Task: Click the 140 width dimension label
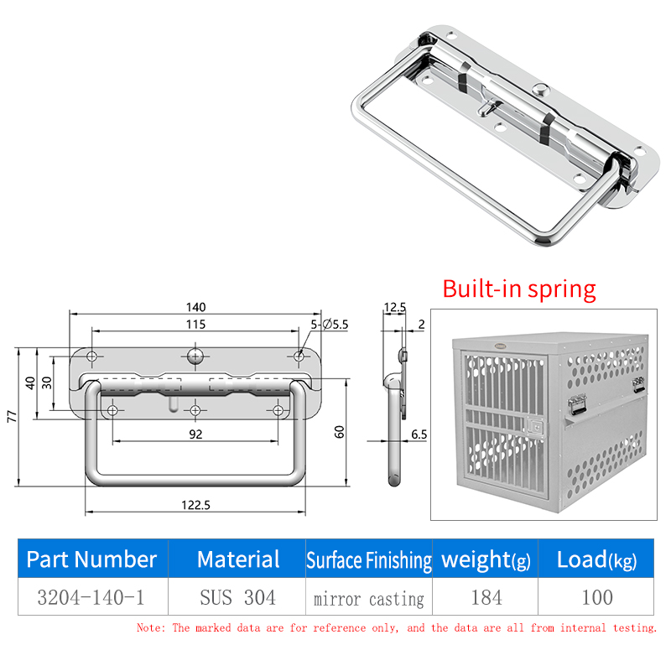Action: pyautogui.click(x=195, y=307)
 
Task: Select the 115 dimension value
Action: pyautogui.click(x=195, y=325)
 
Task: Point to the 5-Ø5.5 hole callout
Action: pyautogui.click(x=329, y=325)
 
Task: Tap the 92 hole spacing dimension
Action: pyautogui.click(x=195, y=434)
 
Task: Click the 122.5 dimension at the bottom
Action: pyautogui.click(x=195, y=506)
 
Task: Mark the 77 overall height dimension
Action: pyautogui.click(x=13, y=416)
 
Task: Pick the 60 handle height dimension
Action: pyautogui.click(x=339, y=432)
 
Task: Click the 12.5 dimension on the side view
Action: pyautogui.click(x=394, y=307)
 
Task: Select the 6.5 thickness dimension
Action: pyautogui.click(x=419, y=434)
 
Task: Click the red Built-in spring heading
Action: pyautogui.click(x=519, y=289)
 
